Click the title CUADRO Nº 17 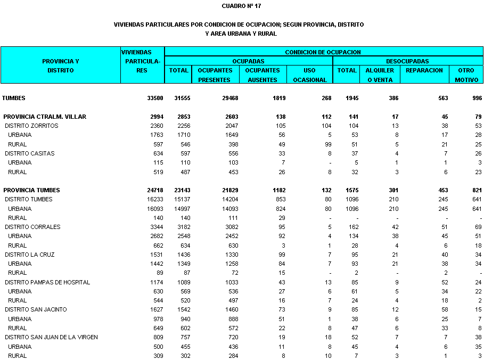[x=241, y=6]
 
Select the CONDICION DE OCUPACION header [x=323, y=52]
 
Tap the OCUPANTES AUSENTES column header [x=262, y=75]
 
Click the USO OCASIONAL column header [x=309, y=75]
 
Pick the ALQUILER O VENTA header [x=380, y=75]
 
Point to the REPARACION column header [x=424, y=70]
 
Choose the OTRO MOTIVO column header [x=466, y=75]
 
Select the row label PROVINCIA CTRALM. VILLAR [x=45, y=117]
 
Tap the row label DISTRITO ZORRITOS [x=31, y=126]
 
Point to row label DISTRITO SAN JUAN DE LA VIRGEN [x=51, y=337]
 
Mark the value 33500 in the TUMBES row [x=155, y=98]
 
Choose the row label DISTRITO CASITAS [x=30, y=153]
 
